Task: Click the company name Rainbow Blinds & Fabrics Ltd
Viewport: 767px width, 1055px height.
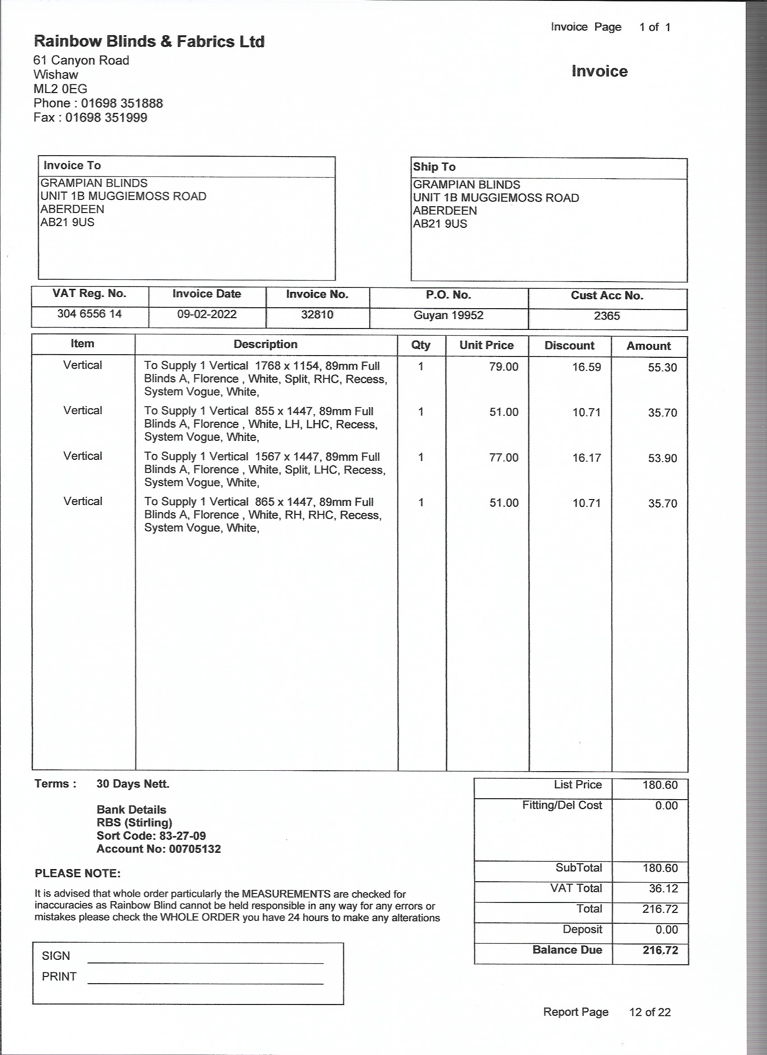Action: tap(149, 42)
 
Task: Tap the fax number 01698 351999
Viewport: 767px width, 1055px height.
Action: tap(106, 118)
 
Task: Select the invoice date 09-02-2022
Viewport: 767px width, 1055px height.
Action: tap(207, 315)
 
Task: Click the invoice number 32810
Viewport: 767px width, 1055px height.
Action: tap(317, 315)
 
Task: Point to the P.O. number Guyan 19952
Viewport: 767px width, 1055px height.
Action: tap(448, 315)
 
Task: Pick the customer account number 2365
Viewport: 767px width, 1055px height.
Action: tap(606, 316)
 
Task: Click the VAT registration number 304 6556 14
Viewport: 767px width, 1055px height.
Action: tap(89, 314)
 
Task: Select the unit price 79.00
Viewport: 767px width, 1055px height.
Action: tap(503, 367)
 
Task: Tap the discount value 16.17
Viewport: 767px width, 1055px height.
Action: tap(586, 458)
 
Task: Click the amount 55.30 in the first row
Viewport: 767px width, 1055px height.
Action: tap(662, 367)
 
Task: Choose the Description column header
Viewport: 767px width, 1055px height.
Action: tap(266, 345)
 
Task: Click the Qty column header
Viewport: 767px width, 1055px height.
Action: tap(421, 345)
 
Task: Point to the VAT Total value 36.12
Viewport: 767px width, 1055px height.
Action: tap(663, 888)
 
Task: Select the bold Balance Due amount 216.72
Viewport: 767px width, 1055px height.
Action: tap(660, 950)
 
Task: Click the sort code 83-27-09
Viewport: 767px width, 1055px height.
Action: tap(182, 836)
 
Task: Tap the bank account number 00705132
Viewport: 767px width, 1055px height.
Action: tap(195, 849)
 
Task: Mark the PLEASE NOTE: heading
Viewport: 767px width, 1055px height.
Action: tap(78, 873)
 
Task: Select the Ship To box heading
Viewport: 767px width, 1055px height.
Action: tap(434, 167)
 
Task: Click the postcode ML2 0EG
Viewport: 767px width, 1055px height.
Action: tap(60, 89)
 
